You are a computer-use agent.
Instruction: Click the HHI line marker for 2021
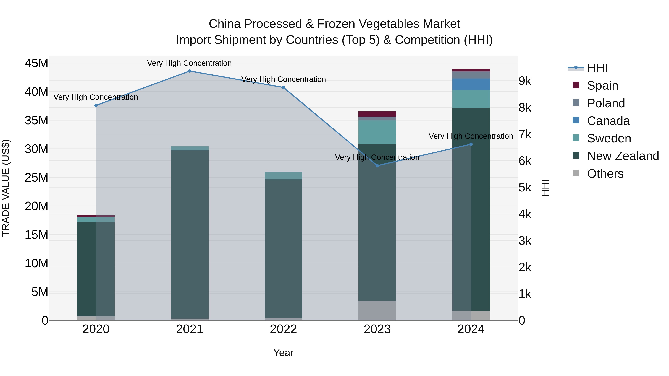pos(190,71)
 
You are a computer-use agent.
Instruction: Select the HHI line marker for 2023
pos(377,166)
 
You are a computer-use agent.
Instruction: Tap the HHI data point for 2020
pos(96,105)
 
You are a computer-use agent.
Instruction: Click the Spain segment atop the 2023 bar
pos(377,114)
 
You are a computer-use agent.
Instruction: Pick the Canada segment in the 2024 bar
pos(471,85)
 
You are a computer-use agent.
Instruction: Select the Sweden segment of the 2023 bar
pos(377,132)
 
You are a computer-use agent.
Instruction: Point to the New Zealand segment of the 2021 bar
pos(190,234)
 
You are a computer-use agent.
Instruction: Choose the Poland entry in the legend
pos(606,103)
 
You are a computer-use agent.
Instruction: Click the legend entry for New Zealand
pos(623,156)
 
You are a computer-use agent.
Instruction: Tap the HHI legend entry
pos(597,68)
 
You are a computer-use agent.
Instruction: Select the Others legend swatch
pos(576,173)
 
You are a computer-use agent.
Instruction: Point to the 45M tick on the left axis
pos(36,63)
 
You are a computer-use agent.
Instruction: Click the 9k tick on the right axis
pos(525,81)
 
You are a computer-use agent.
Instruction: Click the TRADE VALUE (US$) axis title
pos(6,188)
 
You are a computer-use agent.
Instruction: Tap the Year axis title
pos(283,353)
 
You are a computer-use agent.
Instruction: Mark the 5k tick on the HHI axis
pos(525,188)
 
